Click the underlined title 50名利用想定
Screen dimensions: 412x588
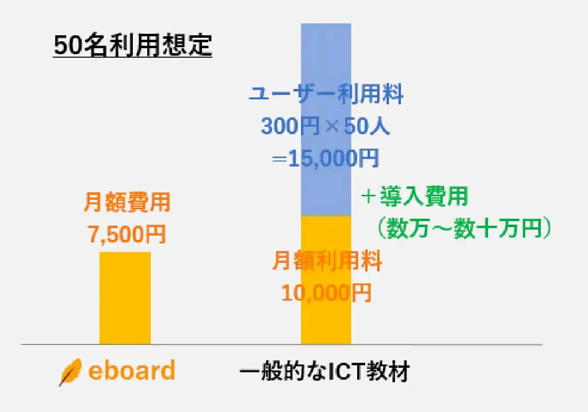point(133,46)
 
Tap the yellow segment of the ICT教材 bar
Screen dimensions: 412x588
point(326,318)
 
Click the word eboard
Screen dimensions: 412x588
point(131,371)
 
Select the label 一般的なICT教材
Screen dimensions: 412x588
point(323,372)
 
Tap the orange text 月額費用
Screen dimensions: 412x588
point(127,203)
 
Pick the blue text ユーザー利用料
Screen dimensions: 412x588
point(326,94)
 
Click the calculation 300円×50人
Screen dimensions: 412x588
point(326,127)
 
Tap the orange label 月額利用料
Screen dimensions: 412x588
point(326,261)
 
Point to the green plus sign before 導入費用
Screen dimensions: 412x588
point(368,197)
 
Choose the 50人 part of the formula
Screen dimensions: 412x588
point(369,127)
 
